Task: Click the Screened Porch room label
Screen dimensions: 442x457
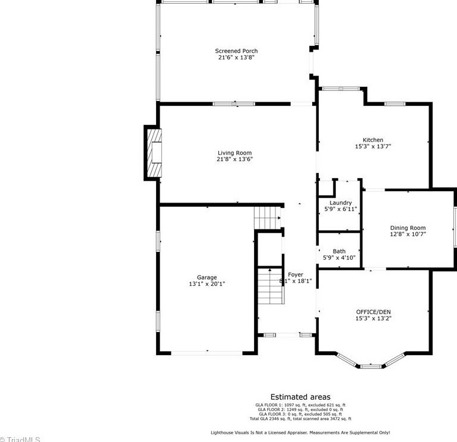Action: (236, 51)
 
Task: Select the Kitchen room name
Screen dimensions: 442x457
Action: (373, 140)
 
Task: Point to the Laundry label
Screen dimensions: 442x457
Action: (340, 203)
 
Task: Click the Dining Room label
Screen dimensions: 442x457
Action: (408, 228)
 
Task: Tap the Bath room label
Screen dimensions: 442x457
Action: (339, 251)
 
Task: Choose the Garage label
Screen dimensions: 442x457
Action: (207, 277)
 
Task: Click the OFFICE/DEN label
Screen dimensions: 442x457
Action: (373, 312)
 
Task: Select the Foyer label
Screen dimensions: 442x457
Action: (296, 274)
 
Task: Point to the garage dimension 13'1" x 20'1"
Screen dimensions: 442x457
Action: (207, 284)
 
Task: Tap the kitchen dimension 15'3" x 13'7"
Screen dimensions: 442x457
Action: (373, 146)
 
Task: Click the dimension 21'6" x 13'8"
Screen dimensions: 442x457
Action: (236, 58)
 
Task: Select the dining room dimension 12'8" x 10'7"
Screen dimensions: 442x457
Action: (408, 234)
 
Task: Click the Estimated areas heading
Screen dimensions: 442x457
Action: (300, 397)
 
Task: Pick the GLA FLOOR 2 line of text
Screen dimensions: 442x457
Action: (300, 409)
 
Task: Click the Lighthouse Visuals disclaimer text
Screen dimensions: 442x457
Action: (300, 432)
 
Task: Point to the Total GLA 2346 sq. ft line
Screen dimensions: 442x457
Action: (300, 419)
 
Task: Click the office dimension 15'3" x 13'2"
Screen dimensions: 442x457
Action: (373, 318)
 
